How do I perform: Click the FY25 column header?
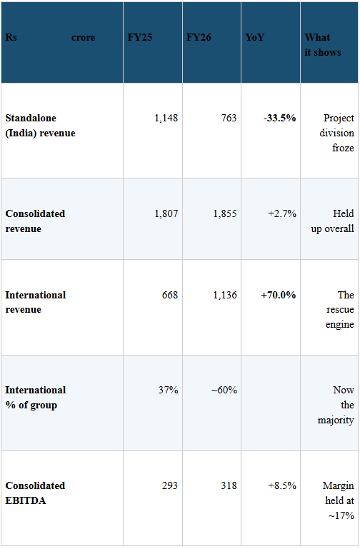[x=140, y=37]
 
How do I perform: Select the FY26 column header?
[x=199, y=37]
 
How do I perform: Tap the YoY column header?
[x=254, y=37]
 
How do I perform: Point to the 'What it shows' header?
[x=323, y=45]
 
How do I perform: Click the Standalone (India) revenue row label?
[x=40, y=126]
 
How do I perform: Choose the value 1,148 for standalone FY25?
[x=166, y=118]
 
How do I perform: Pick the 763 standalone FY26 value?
[x=229, y=118]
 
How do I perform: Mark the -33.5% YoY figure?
[x=280, y=118]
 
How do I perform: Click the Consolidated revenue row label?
[x=35, y=221]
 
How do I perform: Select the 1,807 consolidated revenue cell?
[x=166, y=213]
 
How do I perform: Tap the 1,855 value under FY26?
[x=225, y=213]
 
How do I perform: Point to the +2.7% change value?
[x=282, y=213]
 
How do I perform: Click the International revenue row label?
[x=36, y=302]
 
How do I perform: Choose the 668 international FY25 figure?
[x=170, y=295]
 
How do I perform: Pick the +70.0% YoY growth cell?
[x=278, y=295]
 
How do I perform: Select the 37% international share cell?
[x=168, y=390]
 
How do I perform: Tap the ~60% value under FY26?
[x=224, y=390]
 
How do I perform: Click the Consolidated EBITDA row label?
[x=35, y=493]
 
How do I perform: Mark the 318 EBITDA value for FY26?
[x=229, y=485]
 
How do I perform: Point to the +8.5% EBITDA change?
[x=282, y=485]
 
